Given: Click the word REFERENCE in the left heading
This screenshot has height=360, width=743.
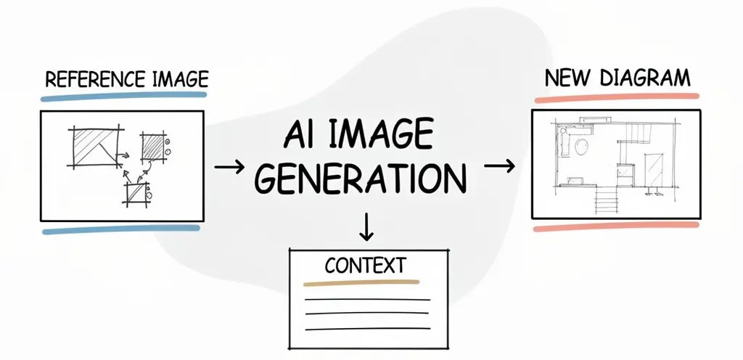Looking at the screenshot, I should (85, 78).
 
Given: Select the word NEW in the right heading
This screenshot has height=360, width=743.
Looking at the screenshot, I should (565, 78).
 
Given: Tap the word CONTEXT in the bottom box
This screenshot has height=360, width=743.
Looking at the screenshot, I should (365, 265).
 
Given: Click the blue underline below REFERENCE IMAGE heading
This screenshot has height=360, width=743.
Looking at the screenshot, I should (124, 95).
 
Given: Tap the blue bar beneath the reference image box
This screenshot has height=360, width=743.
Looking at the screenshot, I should (121, 230).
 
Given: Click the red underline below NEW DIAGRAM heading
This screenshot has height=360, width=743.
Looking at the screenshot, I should (616, 97).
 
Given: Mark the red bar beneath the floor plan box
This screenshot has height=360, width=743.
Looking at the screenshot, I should (616, 226).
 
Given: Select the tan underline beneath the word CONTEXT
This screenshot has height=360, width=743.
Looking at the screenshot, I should (361, 282).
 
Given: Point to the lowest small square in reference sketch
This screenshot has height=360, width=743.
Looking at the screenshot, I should (136, 193).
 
